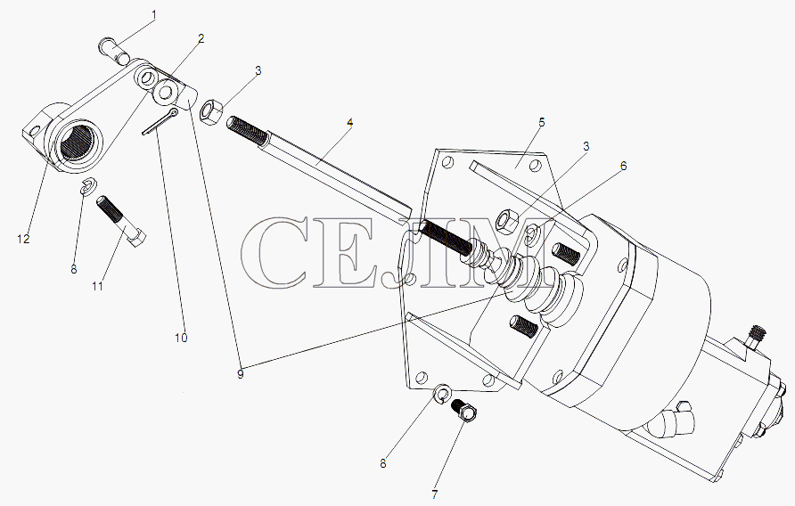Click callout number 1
coord(154,15)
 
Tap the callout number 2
coord(201,38)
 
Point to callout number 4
coord(350,122)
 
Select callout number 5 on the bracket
coord(542,122)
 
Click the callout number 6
coord(624,166)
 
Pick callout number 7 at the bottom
coord(435,494)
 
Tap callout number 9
coord(241,374)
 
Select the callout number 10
coord(181,338)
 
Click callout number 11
coord(97,286)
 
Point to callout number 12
coord(23,239)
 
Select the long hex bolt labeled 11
coord(120,221)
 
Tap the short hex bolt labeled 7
coord(464,411)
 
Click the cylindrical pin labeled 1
coord(115,51)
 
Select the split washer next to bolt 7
coord(443,393)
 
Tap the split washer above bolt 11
coord(89,185)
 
